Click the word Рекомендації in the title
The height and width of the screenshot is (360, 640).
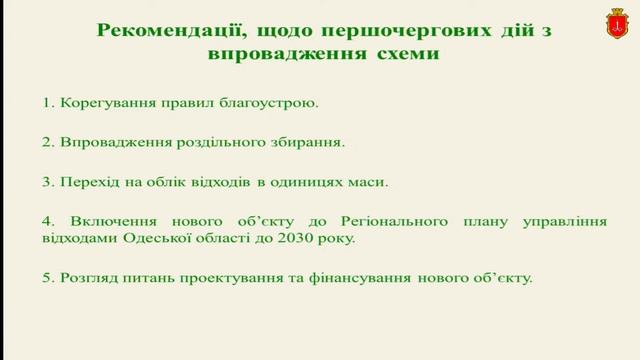pyautogui.click(x=166, y=30)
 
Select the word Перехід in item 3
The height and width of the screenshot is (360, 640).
pyautogui.click(x=89, y=182)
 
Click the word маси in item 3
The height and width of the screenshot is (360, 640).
pyautogui.click(x=368, y=182)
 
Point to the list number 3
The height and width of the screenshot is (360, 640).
pyautogui.click(x=46, y=182)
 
